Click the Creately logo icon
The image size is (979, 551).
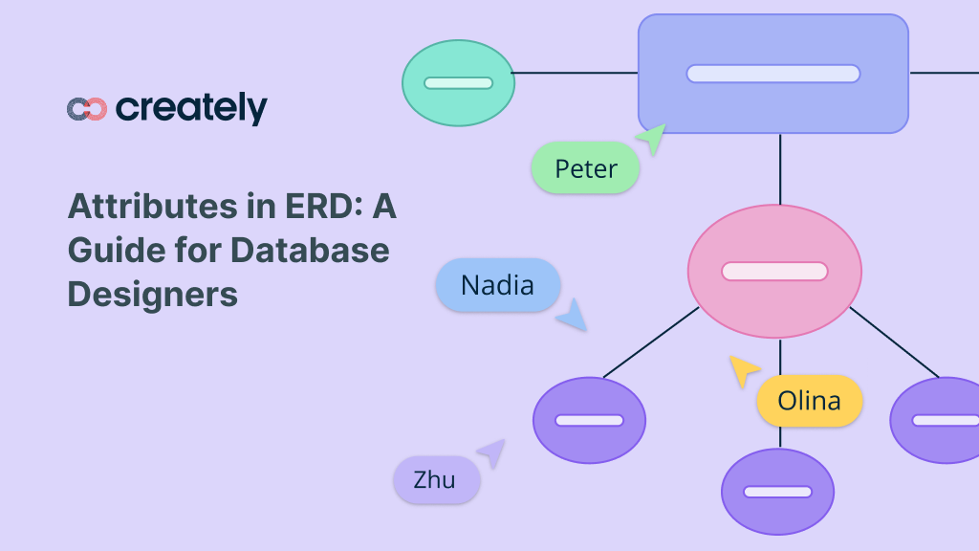point(86,109)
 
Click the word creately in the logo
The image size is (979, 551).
point(191,108)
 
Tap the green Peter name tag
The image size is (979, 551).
point(585,168)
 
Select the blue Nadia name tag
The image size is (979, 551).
point(497,285)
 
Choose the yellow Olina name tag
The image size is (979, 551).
point(809,400)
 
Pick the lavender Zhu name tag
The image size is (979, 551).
point(435,479)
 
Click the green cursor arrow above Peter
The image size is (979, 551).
point(653,139)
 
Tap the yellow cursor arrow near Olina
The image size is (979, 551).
point(743,369)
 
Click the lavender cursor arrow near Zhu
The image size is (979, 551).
point(491,452)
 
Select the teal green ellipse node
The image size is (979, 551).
point(458,82)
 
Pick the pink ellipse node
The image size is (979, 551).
point(774,271)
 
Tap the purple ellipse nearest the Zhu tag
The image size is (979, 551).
point(589,420)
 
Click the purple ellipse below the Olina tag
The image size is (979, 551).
point(777,492)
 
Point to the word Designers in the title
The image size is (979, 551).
point(152,294)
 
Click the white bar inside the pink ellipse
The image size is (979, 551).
point(774,272)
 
